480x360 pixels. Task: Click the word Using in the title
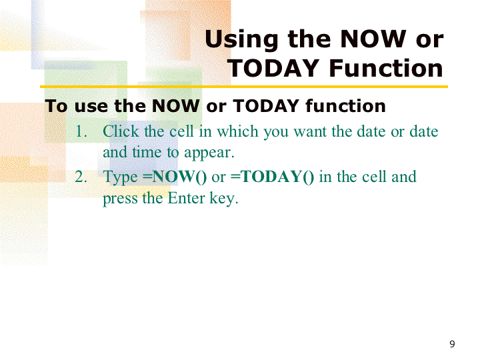(241, 40)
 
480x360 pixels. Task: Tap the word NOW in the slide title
(373, 39)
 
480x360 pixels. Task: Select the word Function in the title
(386, 68)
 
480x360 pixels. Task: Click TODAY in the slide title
(273, 68)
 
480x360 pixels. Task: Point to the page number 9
(452, 344)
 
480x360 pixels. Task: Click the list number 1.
(81, 131)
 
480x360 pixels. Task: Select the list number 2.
(81, 177)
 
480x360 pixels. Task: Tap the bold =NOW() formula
(175, 177)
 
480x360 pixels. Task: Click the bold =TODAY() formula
(272, 177)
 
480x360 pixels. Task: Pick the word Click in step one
(121, 131)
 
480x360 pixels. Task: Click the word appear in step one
(209, 153)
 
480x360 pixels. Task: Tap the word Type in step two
(120, 177)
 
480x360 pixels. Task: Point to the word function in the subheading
(345, 106)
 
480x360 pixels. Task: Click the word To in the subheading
(56, 106)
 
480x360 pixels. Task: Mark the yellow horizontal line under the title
(244, 87)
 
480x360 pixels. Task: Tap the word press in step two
(120, 199)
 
